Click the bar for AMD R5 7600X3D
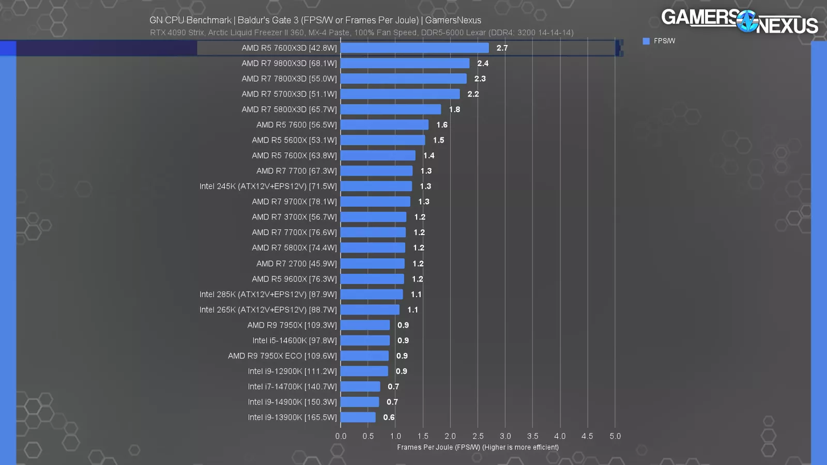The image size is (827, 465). (415, 48)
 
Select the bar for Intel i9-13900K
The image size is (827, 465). (358, 417)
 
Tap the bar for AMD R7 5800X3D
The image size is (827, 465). (391, 110)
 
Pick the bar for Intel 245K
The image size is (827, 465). (376, 187)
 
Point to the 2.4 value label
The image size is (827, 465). (483, 64)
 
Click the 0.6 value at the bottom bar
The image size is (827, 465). (389, 417)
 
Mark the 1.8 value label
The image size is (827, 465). (454, 110)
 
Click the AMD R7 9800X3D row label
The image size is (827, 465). (289, 64)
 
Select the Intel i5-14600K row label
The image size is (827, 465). (294, 340)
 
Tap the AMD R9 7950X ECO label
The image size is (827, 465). (282, 356)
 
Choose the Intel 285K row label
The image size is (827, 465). (268, 295)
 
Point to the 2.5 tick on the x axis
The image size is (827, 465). (478, 436)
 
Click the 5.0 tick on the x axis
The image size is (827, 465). (615, 436)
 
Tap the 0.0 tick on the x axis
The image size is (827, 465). (341, 436)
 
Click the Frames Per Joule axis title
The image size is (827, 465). (478, 447)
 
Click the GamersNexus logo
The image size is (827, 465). (739, 21)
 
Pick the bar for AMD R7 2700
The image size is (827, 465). (373, 263)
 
